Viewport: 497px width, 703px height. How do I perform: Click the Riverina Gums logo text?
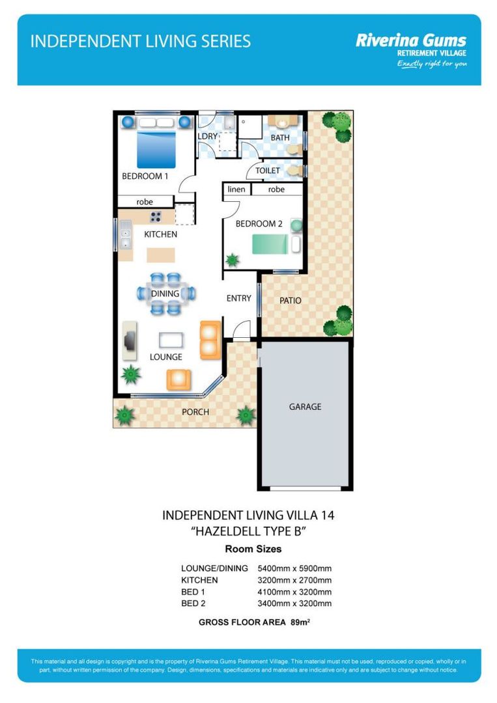(410, 40)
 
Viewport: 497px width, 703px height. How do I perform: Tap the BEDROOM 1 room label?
(145, 176)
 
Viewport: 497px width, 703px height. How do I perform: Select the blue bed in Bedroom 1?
(156, 149)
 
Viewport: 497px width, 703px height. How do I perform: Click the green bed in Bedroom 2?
(270, 245)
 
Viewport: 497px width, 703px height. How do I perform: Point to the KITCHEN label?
(160, 234)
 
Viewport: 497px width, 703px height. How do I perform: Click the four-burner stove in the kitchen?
(156, 217)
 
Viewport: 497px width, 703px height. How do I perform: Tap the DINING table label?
(165, 294)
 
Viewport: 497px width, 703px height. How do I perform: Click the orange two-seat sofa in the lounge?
(210, 340)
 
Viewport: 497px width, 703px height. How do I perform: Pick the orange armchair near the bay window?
(178, 379)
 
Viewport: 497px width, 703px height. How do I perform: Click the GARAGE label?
(305, 407)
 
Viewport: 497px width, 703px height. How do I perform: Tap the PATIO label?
(291, 301)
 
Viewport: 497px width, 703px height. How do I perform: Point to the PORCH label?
(195, 412)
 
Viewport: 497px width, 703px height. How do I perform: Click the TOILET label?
(268, 171)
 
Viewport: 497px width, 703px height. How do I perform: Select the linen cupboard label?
(236, 189)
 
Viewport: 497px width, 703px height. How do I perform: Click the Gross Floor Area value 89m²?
(300, 622)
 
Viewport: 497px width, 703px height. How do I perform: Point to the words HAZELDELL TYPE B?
(248, 531)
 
